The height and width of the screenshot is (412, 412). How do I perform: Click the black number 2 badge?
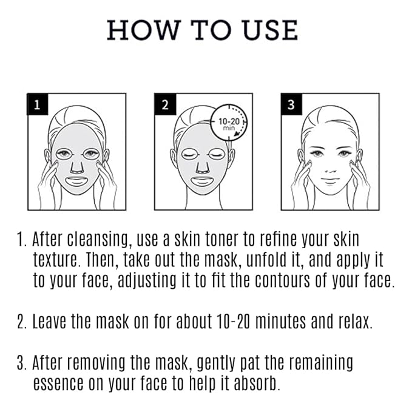tap(164, 104)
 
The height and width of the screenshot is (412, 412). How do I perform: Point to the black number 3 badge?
tap(291, 104)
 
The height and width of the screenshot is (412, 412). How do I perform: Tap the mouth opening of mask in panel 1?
tap(76, 180)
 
